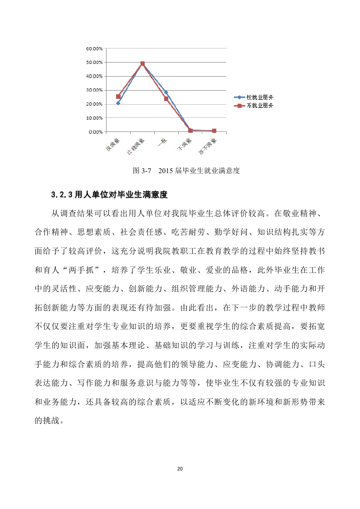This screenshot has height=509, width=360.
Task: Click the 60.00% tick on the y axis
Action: click(x=93, y=48)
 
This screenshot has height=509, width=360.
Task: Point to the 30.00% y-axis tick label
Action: click(x=93, y=90)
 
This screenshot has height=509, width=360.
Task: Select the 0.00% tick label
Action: click(x=95, y=132)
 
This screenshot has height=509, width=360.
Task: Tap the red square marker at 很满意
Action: click(x=118, y=97)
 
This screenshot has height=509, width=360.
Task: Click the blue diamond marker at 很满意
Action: click(x=118, y=103)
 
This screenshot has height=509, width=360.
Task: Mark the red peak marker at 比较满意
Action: click(x=142, y=64)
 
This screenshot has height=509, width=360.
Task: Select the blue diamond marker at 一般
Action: click(x=166, y=92)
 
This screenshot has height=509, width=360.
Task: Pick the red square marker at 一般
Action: click(x=166, y=99)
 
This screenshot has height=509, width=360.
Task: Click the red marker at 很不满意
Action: click(x=214, y=131)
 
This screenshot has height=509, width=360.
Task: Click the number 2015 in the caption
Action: click(x=168, y=171)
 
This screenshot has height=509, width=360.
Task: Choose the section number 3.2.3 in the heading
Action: click(x=62, y=195)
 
